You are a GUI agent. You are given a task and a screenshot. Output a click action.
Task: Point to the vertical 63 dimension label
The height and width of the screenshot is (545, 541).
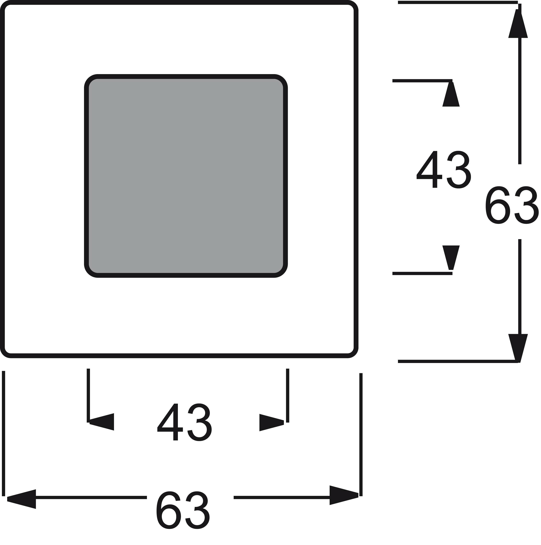(512, 205)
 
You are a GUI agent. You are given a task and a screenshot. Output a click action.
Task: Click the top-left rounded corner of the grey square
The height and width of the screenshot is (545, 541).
(90, 80)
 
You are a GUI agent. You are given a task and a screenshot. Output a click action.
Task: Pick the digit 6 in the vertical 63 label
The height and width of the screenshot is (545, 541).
(498, 205)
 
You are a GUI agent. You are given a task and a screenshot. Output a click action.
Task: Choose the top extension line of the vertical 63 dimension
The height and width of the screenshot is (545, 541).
(457, 2)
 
